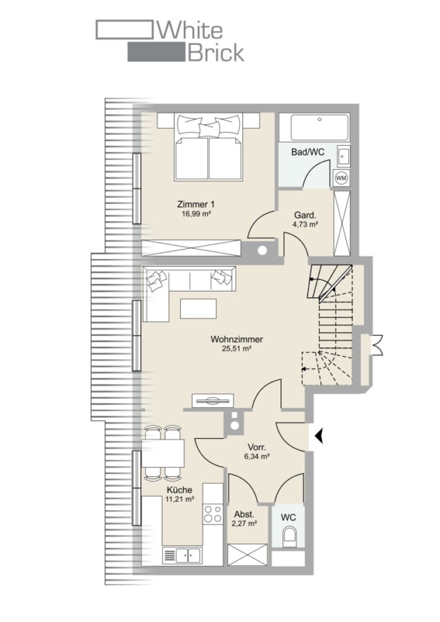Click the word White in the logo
click(x=191, y=30)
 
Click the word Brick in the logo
click(x=216, y=53)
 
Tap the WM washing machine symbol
click(x=341, y=178)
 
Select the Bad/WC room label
click(x=307, y=152)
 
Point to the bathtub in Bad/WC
click(x=320, y=127)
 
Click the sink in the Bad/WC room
click(x=343, y=156)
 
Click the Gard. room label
click(x=305, y=216)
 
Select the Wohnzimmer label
click(x=237, y=339)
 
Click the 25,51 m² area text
click(x=237, y=349)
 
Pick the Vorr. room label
click(x=257, y=447)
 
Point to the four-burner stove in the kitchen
click(x=213, y=514)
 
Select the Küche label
click(x=180, y=490)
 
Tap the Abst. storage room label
click(x=243, y=514)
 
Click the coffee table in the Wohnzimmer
click(x=199, y=309)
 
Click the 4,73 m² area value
click(x=305, y=225)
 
